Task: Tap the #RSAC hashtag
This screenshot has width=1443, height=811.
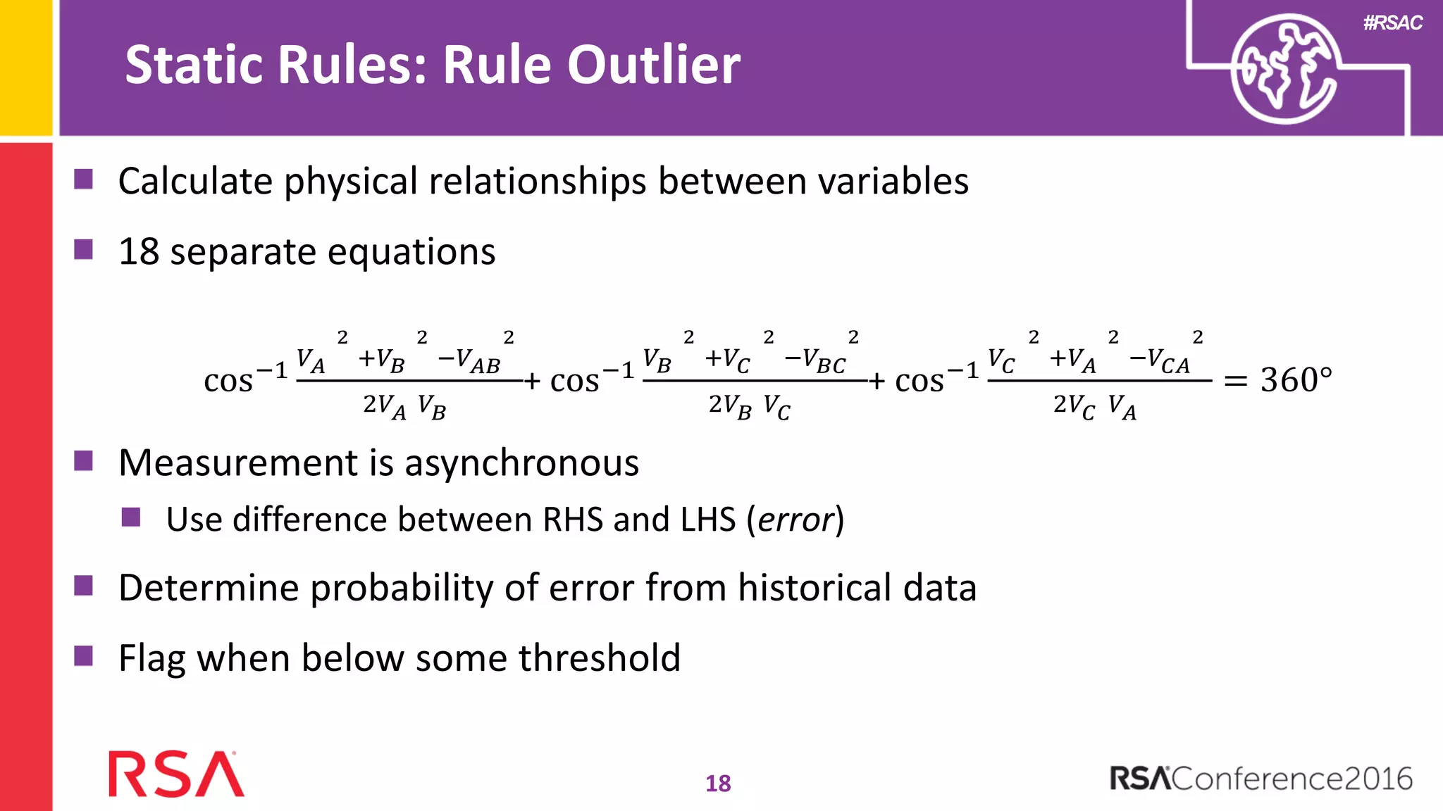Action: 1392,23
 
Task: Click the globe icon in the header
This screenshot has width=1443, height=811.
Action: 1284,69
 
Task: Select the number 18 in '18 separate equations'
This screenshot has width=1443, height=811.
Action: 139,251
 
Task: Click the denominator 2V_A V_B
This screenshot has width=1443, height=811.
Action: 404,406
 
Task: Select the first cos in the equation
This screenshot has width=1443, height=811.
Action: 228,382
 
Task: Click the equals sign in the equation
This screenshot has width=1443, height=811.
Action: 1235,382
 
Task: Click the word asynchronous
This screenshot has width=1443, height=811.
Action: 521,463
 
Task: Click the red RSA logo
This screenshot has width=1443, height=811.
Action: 176,774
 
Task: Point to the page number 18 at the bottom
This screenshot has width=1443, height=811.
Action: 718,783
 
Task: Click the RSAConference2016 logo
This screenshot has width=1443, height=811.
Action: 1261,778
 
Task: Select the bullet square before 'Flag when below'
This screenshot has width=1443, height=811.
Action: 84,656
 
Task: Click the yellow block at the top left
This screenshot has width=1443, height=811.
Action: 26,67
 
